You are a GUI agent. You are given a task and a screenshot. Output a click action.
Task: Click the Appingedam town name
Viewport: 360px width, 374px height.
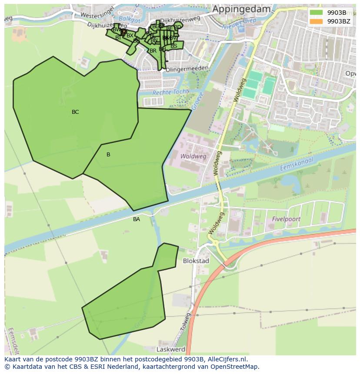[x=241, y=9]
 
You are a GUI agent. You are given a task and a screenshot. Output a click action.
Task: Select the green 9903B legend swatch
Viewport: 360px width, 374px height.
[x=316, y=13]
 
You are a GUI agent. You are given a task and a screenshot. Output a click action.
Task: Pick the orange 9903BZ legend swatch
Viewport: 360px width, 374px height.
[x=316, y=21]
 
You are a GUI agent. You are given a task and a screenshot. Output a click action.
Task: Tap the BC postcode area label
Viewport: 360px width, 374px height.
[x=75, y=112]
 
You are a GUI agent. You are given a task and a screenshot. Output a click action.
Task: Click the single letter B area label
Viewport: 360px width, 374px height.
[x=108, y=155]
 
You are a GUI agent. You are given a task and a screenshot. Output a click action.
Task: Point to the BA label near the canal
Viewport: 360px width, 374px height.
[x=137, y=219]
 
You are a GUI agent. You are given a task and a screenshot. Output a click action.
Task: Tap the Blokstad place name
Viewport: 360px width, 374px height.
[x=196, y=261]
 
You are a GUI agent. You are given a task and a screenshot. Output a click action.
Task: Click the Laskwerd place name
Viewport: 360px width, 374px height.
[x=171, y=349]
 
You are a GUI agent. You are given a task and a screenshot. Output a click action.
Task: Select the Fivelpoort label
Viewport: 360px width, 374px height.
[x=286, y=219]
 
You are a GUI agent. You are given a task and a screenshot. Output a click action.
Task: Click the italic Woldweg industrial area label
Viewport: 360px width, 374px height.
[x=193, y=156]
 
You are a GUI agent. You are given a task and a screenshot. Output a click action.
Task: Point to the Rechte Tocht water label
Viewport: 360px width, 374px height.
[x=170, y=92]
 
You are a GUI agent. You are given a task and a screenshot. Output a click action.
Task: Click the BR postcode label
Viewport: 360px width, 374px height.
[x=153, y=51]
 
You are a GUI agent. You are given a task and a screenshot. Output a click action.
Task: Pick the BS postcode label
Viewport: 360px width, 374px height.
[x=174, y=46]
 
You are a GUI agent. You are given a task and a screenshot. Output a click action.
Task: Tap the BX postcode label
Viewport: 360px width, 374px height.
[x=130, y=36]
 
